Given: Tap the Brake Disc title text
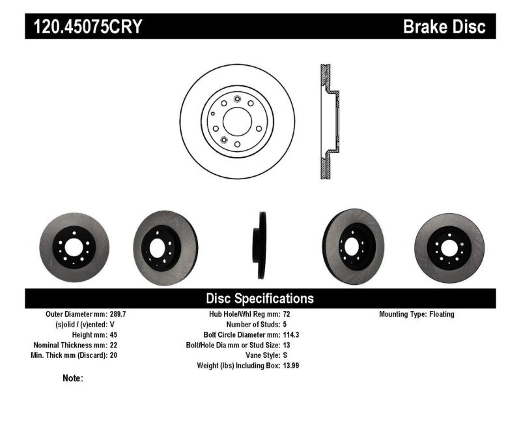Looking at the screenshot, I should pyautogui.click(x=444, y=27).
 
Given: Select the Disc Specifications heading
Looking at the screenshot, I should pyautogui.click(x=260, y=299).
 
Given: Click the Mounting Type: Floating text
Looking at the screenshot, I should pyautogui.click(x=417, y=314).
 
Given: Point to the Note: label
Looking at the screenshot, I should pyautogui.click(x=73, y=378).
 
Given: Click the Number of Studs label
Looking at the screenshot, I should pyautogui.click(x=253, y=324).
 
